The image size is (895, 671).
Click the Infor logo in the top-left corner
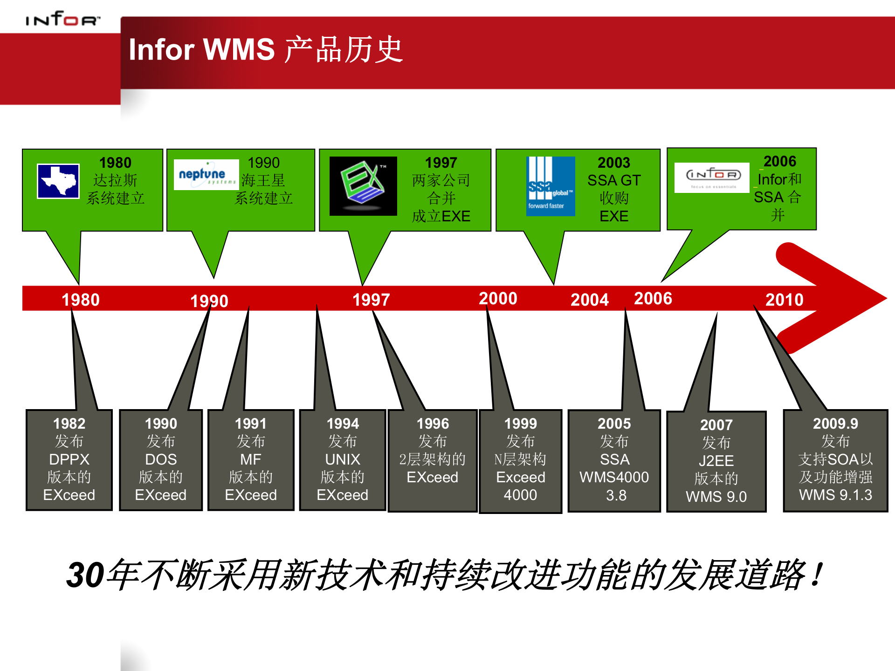(x=62, y=19)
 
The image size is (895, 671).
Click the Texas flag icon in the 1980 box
(x=58, y=181)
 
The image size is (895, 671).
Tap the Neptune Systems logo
(x=206, y=175)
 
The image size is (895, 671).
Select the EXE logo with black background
(x=363, y=186)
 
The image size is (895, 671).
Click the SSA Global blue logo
(x=550, y=186)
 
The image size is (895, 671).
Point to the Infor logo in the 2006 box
(x=712, y=177)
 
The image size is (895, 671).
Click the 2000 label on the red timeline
(x=498, y=299)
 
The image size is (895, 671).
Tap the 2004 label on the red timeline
(x=589, y=300)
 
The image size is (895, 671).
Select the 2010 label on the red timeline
(x=784, y=300)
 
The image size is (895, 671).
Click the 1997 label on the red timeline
(x=371, y=300)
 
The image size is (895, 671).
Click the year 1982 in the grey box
(x=69, y=424)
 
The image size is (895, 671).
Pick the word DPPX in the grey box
(x=69, y=459)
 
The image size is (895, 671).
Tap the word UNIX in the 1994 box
(x=343, y=459)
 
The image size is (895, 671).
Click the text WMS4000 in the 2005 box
(x=614, y=477)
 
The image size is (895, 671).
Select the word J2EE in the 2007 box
(x=716, y=461)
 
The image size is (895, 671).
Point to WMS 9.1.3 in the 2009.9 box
(x=835, y=495)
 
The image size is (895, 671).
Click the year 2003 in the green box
(x=613, y=163)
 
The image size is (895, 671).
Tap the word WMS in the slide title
(x=239, y=49)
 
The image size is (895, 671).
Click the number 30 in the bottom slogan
(x=85, y=575)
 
